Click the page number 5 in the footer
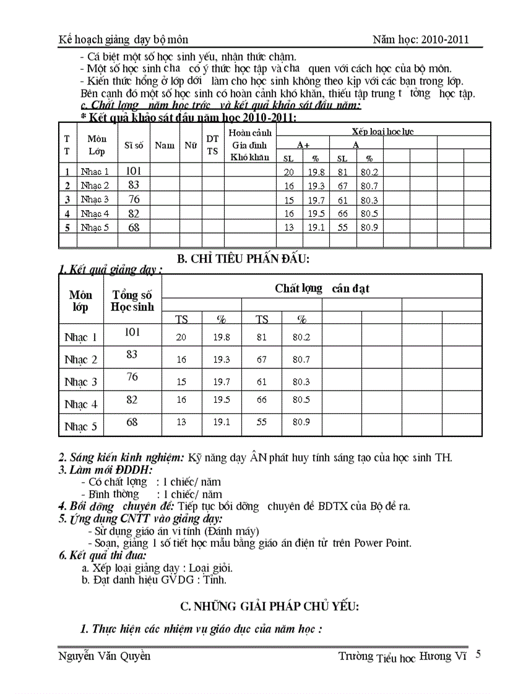(x=477, y=654)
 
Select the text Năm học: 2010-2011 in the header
(x=420, y=40)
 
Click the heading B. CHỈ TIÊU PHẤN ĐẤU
(x=243, y=259)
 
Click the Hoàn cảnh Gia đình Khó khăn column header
(x=249, y=145)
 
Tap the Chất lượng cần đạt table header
(x=322, y=288)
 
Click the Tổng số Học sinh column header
(x=132, y=301)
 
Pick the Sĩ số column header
(x=134, y=145)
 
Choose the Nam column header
(x=164, y=145)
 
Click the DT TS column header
(x=212, y=145)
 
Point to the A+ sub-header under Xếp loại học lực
(x=303, y=144)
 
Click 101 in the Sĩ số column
(x=134, y=171)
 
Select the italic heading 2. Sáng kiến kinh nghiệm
(x=121, y=458)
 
